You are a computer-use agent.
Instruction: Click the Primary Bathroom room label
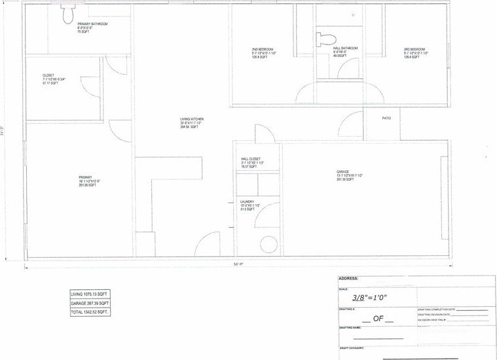91,24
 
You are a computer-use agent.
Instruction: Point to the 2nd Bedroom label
263,50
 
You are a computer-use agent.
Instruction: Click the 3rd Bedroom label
414,50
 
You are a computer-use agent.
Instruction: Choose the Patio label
386,118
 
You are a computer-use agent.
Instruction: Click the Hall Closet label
251,159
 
